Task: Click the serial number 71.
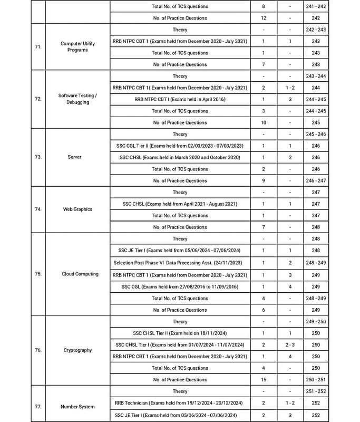[x=38, y=47]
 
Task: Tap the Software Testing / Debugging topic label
[x=77, y=99]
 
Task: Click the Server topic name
[x=74, y=157]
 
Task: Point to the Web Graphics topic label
[x=77, y=209]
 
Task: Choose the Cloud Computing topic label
[x=80, y=274]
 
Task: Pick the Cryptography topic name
[x=77, y=350]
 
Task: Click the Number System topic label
[x=77, y=407]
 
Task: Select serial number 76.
[x=38, y=350]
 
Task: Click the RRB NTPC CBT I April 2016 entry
[x=180, y=99]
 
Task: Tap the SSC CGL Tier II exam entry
[x=180, y=146]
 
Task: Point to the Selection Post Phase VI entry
[x=180, y=263]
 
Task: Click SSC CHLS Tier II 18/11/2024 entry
[x=180, y=333]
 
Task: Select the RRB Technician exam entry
[x=180, y=403]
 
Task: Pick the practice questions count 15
[x=264, y=380]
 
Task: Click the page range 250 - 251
[x=316, y=380]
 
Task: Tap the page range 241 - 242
[x=316, y=6]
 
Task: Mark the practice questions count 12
[x=264, y=18]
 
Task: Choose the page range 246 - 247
[x=316, y=180]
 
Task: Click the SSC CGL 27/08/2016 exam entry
[x=180, y=286]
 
